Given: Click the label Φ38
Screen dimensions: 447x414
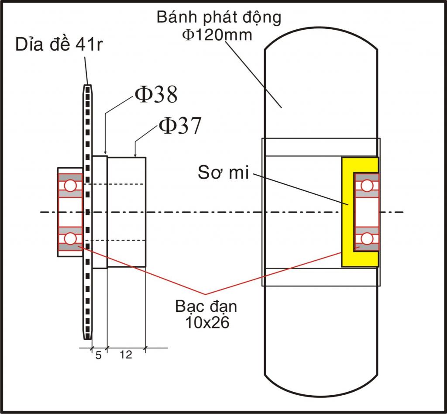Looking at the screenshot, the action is pos(156,94).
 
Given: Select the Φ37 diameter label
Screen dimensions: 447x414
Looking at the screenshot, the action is pos(180,125).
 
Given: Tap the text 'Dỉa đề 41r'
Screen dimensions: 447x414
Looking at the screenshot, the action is pos(59,45).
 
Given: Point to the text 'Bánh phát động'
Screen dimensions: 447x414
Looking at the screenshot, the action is pos(219,17).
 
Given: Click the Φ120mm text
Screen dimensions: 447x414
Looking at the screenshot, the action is pos(217,35).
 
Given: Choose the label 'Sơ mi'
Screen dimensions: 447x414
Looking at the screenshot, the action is pos(223,172).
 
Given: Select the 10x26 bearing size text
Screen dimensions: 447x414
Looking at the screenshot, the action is pos(207,323).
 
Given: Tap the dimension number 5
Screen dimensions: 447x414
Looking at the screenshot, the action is pos(98,355).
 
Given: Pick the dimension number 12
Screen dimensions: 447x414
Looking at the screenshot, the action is pos(126,355).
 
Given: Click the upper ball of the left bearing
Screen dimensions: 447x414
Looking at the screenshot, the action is pos(70,186).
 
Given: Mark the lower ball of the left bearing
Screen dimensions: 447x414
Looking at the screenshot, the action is pos(70,238).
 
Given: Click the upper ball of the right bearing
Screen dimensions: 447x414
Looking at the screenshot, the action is pos(367,186).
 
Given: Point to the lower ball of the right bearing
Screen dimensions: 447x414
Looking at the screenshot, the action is pos(367,238).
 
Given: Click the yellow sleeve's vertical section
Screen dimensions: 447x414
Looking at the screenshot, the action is pos(348,212).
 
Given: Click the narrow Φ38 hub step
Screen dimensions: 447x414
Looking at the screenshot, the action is pos(100,212).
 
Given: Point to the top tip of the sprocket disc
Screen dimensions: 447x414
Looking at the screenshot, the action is pos(87,85).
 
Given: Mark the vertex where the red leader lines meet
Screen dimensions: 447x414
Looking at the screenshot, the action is pos(206,294).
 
